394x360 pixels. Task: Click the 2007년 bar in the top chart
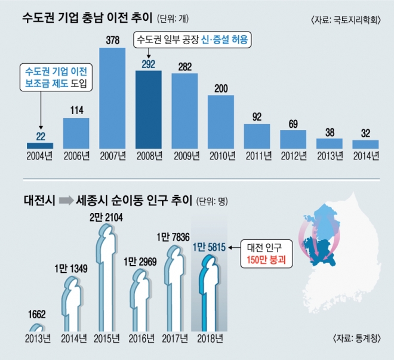coord(112,98)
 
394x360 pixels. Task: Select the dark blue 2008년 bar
coord(149,110)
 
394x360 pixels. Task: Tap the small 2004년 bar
coord(40,145)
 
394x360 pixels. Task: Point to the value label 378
coord(112,39)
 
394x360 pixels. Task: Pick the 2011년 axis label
coord(257,156)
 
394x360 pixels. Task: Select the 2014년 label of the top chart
coord(365,156)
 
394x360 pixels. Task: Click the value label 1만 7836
coord(177,236)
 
